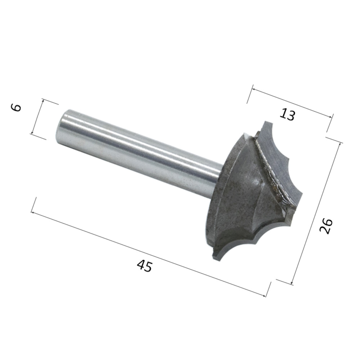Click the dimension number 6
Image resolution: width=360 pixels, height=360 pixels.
coord(16,107)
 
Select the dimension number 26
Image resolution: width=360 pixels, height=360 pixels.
coord(326,226)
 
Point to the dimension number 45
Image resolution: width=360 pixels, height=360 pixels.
coord(144,266)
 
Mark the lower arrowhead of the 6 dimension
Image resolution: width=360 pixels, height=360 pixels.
coord(32,133)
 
